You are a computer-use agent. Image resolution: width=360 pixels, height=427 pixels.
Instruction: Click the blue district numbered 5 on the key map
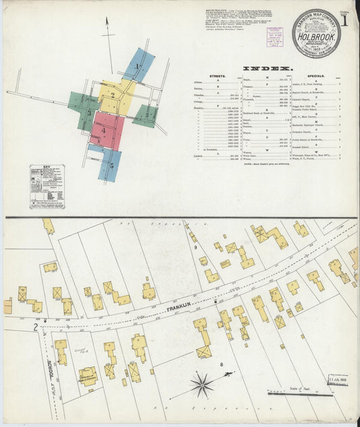(x=109, y=164)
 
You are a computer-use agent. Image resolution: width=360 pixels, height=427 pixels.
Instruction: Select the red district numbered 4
(x=105, y=130)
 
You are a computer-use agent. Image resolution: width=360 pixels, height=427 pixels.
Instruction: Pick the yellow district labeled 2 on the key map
(x=115, y=95)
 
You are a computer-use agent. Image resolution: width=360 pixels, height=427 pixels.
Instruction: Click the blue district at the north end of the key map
(x=138, y=65)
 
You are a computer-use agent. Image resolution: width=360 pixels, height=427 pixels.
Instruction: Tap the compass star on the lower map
(x=202, y=386)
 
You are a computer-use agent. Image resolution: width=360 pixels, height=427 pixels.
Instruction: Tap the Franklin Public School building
(x=87, y=376)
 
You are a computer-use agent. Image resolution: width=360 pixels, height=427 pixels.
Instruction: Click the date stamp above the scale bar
(x=336, y=380)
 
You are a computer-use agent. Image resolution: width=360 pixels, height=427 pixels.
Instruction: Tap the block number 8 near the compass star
(x=221, y=366)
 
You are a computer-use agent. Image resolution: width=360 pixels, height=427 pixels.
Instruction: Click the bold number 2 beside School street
(x=34, y=327)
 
